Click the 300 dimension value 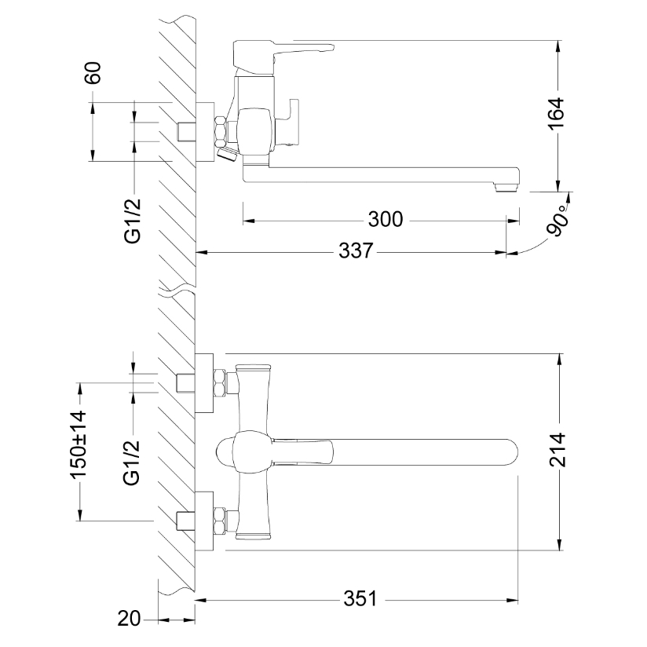pos(386,219)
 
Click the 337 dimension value pos(356,250)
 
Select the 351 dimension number pos(360,599)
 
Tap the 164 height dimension pos(556,114)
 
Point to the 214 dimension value pos(557,449)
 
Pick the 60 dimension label pos(93,73)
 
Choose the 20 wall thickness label pos(129,619)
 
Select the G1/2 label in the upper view pos(132,221)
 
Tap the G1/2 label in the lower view pos(132,462)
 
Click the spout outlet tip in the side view pos(506,188)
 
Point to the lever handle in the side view pos(283,53)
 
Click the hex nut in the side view pos(221,131)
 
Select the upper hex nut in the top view pos(221,382)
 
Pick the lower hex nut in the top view pos(221,521)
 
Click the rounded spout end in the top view pos(510,452)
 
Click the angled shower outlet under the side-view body pos(228,155)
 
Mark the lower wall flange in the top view pos(204,521)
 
